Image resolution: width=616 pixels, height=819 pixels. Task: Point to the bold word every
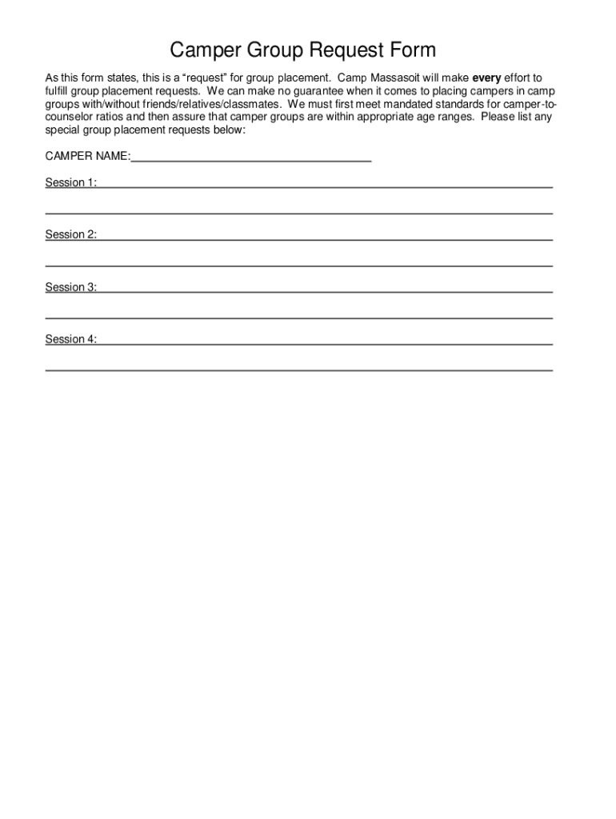click(486, 78)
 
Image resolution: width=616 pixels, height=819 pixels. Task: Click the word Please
click(498, 117)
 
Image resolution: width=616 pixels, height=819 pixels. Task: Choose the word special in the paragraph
click(62, 130)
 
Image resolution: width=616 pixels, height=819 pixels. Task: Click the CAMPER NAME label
click(87, 157)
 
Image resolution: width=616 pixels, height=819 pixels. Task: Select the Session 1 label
click(71, 183)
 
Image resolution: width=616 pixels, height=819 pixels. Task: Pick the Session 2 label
click(71, 235)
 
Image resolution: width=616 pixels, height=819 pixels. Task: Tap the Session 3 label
click(71, 287)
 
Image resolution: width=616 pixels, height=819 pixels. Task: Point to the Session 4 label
click(71, 339)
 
